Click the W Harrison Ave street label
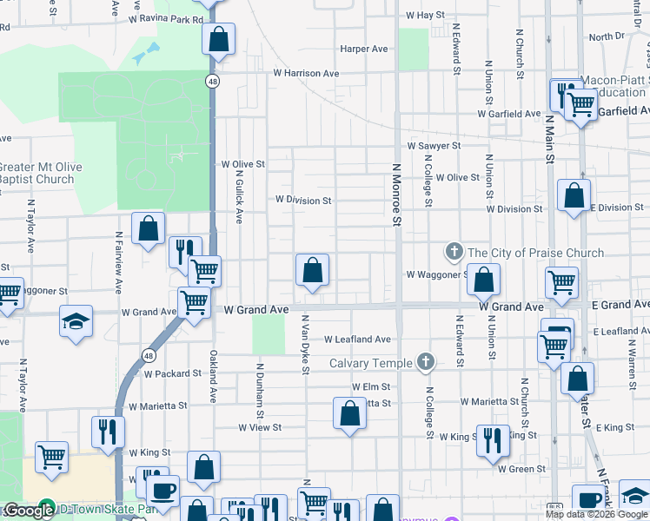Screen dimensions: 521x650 pyautogui.click(x=306, y=74)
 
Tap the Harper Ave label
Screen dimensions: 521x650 pyautogui.click(x=364, y=49)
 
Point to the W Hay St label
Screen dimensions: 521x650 pyautogui.click(x=424, y=16)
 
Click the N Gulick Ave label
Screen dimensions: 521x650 pyautogui.click(x=238, y=195)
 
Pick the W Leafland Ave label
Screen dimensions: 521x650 pyautogui.click(x=358, y=340)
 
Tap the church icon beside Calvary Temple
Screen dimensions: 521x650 pyautogui.click(x=425, y=361)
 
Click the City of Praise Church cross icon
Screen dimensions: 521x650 pyautogui.click(x=454, y=253)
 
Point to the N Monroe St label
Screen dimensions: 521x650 pyautogui.click(x=395, y=196)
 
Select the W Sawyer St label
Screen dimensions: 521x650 pyautogui.click(x=433, y=146)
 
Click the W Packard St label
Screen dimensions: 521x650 pyautogui.click(x=172, y=373)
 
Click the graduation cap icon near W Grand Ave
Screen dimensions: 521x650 pyautogui.click(x=76, y=321)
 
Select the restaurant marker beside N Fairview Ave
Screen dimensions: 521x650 pyautogui.click(x=108, y=430)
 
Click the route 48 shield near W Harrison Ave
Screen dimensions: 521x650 pyautogui.click(x=212, y=81)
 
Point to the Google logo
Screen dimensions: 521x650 pyautogui.click(x=28, y=511)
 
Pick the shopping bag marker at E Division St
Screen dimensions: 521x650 pyautogui.click(x=574, y=196)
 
